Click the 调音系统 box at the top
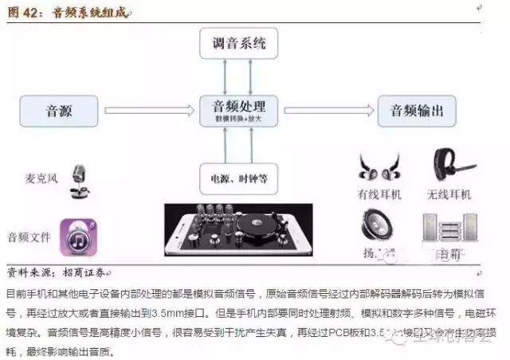tap(240, 41)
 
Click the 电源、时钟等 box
tap(240, 174)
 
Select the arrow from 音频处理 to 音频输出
tap(328, 110)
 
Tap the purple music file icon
tap(78, 237)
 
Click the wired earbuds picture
tap(379, 168)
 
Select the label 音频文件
tap(29, 237)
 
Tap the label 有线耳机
tap(380, 194)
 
